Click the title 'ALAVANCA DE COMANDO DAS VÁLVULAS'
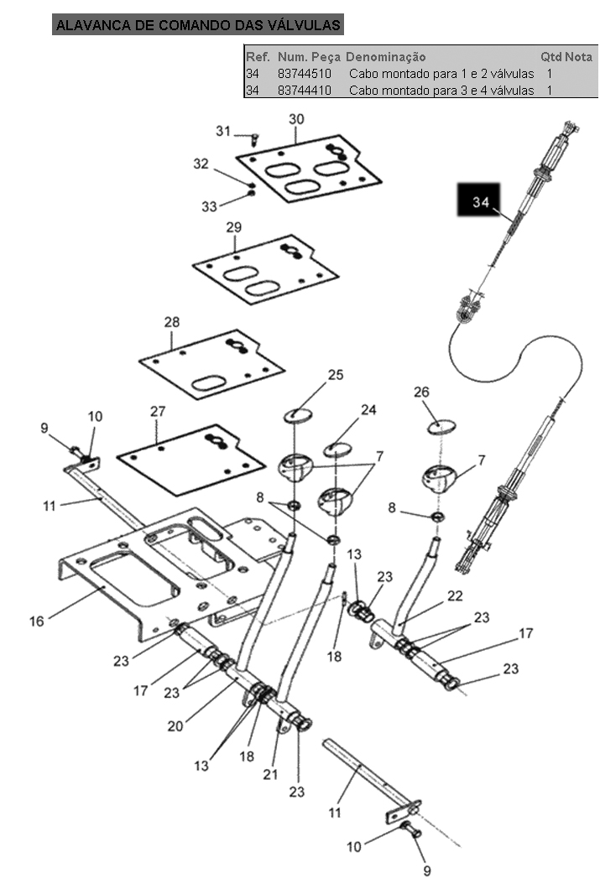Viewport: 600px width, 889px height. pyautogui.click(x=198, y=25)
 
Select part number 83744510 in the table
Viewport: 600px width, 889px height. pyautogui.click(x=305, y=74)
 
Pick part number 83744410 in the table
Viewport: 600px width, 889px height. pyautogui.click(x=305, y=91)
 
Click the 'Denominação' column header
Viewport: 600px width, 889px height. pyautogui.click(x=385, y=57)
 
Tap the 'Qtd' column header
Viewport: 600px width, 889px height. pyautogui.click(x=550, y=57)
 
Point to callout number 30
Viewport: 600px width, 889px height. pyautogui.click(x=296, y=119)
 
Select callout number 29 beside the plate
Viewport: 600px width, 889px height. pyautogui.click(x=234, y=227)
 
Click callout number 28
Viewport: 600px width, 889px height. pyautogui.click(x=172, y=322)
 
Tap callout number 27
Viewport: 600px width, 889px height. pyautogui.click(x=158, y=411)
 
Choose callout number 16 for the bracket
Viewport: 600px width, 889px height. pyautogui.click(x=37, y=621)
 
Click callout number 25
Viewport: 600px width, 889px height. pyautogui.click(x=336, y=375)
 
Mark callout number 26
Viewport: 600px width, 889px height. pyautogui.click(x=421, y=392)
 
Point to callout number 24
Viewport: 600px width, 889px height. pyautogui.click(x=368, y=410)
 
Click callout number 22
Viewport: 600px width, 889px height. pyautogui.click(x=456, y=595)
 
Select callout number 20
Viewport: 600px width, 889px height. pyautogui.click(x=175, y=726)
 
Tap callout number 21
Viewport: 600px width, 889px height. pyautogui.click(x=270, y=775)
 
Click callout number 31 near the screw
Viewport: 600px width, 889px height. pyautogui.click(x=222, y=131)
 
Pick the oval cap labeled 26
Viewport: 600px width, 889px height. pyautogui.click(x=442, y=428)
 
